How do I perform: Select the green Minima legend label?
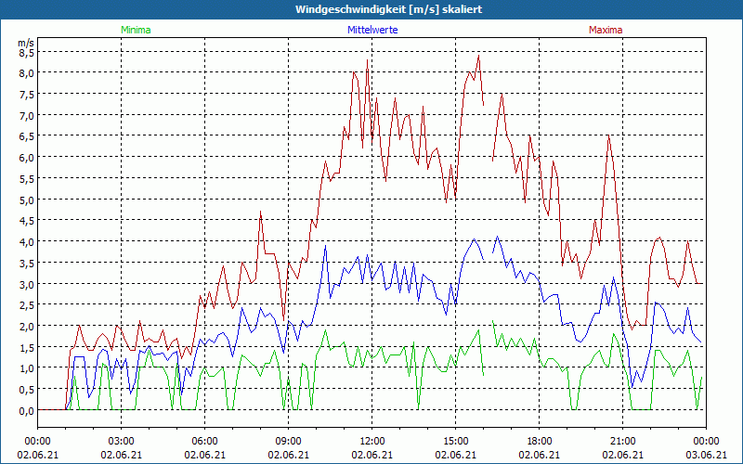[136, 30]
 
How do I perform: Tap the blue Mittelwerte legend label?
[371, 30]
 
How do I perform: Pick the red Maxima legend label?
[606, 30]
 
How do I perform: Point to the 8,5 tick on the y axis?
[26, 52]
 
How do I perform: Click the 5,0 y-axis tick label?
[26, 200]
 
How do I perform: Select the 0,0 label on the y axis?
[26, 410]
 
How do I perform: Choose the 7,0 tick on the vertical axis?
[26, 115]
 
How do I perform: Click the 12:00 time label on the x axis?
[371, 440]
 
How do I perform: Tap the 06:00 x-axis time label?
[204, 440]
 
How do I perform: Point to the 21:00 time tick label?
[622, 440]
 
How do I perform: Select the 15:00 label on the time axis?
[455, 440]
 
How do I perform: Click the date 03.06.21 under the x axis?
[706, 455]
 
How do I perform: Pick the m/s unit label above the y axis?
[26, 42]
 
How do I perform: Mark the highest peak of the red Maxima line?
[478, 56]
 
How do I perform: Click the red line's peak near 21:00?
[609, 136]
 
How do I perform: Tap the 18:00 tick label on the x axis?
[539, 440]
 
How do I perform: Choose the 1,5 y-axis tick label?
[26, 347]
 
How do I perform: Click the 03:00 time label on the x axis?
[121, 440]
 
